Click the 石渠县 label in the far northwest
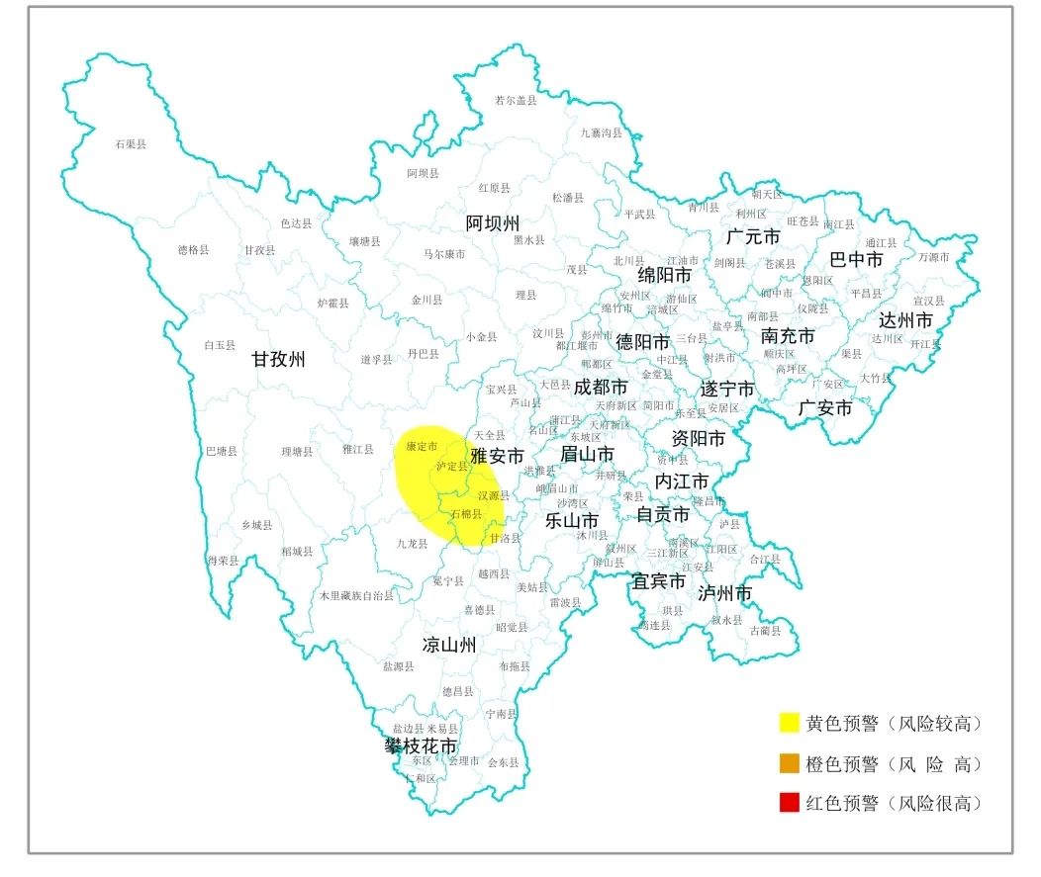pos(130,144)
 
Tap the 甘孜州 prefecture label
pos(278,360)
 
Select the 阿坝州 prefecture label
pos(493,223)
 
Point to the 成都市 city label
pos(601,388)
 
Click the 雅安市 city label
pos(497,456)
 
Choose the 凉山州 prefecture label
pos(449,646)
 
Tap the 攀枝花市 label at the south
pos(422,745)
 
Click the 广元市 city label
pos(753,237)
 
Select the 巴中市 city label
pos(856,259)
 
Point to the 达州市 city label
pos(905,320)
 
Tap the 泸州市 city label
pos(725,593)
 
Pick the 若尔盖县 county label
pos(516,100)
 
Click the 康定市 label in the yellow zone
pos(422,447)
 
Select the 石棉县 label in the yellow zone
pos(466,514)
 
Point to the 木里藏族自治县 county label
pos(356,596)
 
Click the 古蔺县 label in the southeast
pos(766,631)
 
